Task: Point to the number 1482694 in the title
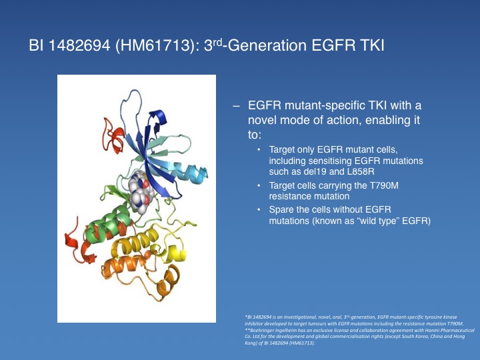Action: (x=79, y=45)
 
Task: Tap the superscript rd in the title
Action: (x=217, y=41)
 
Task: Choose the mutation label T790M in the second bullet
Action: (x=383, y=185)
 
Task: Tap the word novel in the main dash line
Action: (x=263, y=120)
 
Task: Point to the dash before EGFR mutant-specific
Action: (x=236, y=106)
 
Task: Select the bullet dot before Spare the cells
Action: (x=259, y=210)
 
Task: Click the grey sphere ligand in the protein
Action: (x=139, y=192)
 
